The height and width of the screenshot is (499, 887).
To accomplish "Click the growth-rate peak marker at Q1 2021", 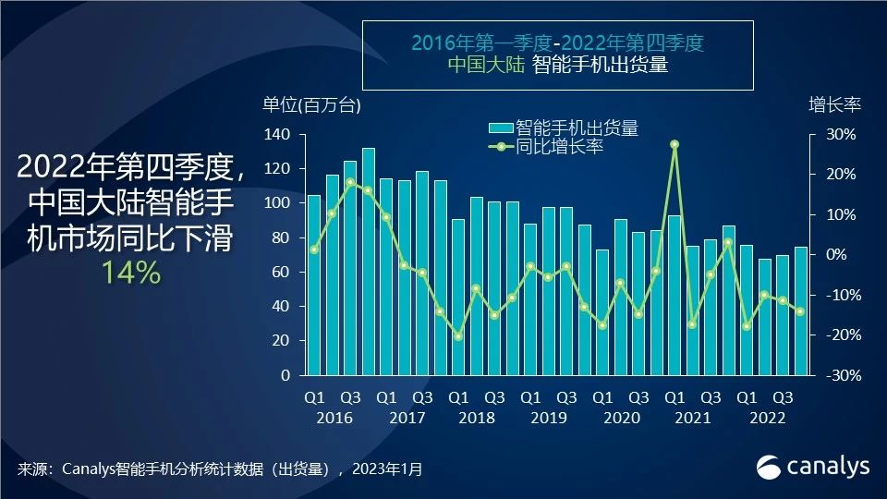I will point(674,144).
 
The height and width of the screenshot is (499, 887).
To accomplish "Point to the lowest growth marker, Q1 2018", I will point(458,336).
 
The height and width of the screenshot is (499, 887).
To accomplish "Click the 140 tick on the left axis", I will point(278,135).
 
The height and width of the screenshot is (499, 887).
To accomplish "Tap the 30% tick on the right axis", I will point(842,135).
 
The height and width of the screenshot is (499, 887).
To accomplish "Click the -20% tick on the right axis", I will point(840,335).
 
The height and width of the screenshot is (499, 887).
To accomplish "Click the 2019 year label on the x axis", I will point(548,419).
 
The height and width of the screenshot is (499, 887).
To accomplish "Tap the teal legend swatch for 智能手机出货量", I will point(500,128).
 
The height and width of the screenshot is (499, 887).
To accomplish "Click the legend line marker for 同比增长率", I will point(500,147).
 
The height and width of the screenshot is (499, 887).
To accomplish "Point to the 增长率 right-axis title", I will point(834,104).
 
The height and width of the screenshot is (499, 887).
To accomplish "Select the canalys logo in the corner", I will point(813,467).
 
